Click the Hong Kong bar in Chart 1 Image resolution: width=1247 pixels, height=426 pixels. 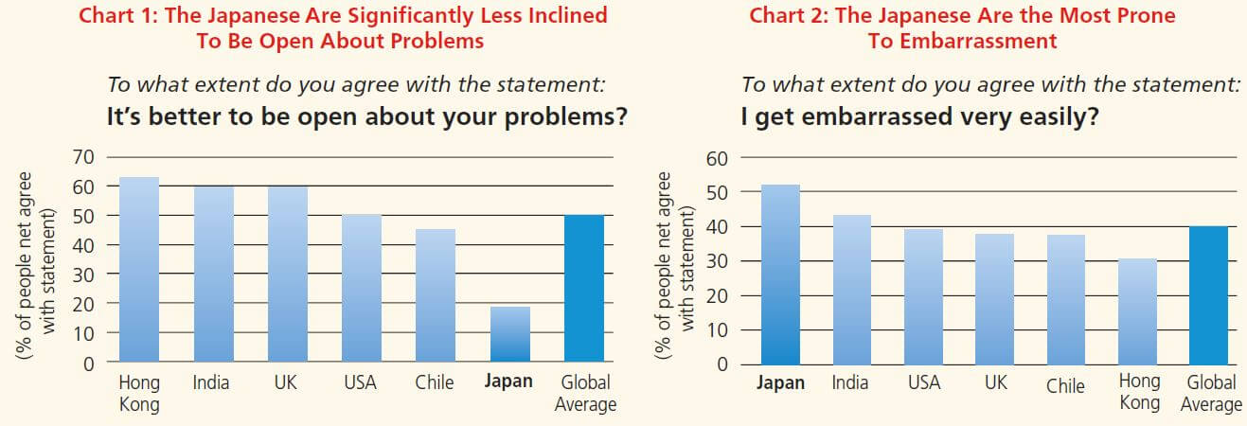coord(138,270)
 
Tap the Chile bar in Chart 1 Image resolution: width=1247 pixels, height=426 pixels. coord(435,295)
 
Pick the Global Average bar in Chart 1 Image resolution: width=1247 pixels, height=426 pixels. coord(584,289)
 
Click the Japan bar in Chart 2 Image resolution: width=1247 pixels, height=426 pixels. coord(780,275)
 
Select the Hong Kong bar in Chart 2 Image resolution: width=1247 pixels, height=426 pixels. coord(1137,311)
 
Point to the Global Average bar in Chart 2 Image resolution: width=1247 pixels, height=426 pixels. coord(1209,295)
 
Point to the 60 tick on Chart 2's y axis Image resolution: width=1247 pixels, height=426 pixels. coord(716,158)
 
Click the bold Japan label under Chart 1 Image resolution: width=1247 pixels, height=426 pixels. coord(508,382)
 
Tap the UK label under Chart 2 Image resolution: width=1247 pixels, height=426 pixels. coord(995,383)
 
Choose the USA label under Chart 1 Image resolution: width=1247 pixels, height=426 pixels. coord(360,382)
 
